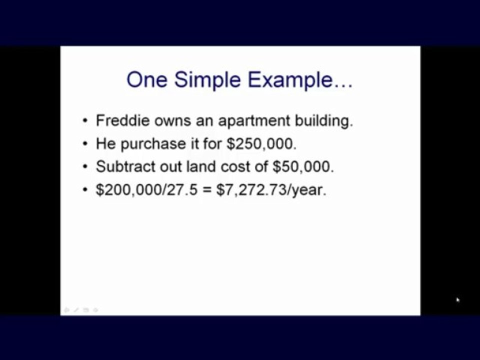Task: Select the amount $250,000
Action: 261,144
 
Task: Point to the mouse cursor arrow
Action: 457,300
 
